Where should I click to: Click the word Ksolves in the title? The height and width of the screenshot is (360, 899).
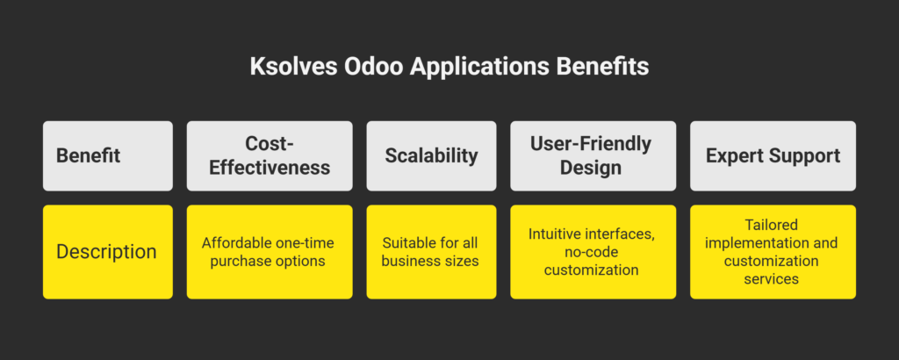pyautogui.click(x=291, y=67)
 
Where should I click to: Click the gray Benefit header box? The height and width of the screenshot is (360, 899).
pyautogui.click(x=108, y=156)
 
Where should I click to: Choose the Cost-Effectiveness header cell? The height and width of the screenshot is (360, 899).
pyautogui.click(x=270, y=156)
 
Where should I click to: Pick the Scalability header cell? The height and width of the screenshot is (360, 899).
pyautogui.click(x=431, y=156)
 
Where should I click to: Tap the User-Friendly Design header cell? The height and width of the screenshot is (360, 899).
pyautogui.click(x=593, y=156)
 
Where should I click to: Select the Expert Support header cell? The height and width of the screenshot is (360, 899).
pyautogui.click(x=773, y=156)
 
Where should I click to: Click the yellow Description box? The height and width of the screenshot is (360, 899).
pyautogui.click(x=108, y=252)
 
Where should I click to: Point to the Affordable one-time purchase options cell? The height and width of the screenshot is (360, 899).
pyautogui.click(x=270, y=252)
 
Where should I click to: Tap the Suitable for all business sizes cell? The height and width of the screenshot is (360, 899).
pyautogui.click(x=431, y=252)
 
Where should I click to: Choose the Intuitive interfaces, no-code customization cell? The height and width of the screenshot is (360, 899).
pyautogui.click(x=593, y=252)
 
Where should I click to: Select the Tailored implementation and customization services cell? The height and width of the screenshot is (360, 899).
pyautogui.click(x=773, y=252)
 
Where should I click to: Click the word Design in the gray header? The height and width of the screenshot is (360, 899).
pyautogui.click(x=591, y=168)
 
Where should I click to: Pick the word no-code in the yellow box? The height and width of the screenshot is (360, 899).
pyautogui.click(x=593, y=252)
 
